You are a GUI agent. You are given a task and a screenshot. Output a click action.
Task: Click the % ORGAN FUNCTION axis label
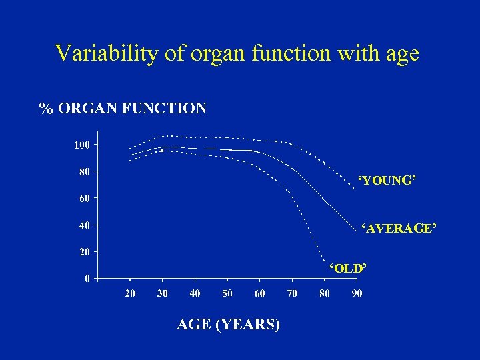point(123,108)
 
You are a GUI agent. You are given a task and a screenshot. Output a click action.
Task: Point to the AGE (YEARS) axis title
point(228,325)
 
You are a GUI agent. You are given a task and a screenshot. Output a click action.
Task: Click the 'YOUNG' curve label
point(387,181)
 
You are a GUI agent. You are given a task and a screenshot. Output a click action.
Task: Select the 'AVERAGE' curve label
point(399,229)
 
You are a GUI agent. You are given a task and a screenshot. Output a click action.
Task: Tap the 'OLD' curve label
point(348,268)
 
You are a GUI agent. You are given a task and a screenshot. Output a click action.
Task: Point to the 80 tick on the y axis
point(85,171)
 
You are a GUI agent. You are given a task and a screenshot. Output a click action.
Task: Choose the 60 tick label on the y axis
point(85,198)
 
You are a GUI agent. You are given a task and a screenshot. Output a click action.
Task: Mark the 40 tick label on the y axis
point(85,225)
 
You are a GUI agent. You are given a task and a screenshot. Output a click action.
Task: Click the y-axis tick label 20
point(85,252)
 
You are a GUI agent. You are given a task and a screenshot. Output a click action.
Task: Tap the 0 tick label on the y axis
point(87,279)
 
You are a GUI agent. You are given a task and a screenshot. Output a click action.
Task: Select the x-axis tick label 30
point(163,294)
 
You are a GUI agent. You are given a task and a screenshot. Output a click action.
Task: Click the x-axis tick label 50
point(227,294)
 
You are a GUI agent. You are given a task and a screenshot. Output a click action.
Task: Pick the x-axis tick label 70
point(292,294)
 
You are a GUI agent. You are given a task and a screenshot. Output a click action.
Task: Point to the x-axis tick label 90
point(357,294)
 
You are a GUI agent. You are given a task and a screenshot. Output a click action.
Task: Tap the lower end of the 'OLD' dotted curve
point(323,261)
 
